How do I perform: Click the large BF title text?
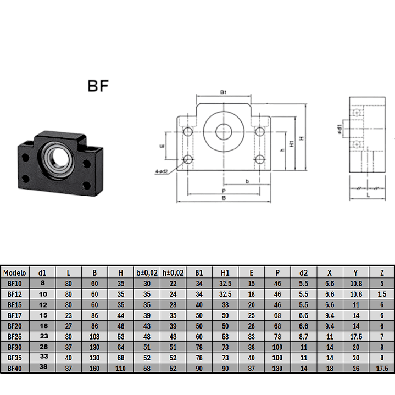pos(98,86)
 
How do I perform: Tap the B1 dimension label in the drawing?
pos(224,93)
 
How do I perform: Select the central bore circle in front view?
pos(224,132)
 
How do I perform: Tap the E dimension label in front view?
pos(162,147)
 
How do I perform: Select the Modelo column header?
pos(15,272)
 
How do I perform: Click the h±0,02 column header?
pos(173,272)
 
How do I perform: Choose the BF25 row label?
pos(15,336)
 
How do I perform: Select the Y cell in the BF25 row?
pos(356,336)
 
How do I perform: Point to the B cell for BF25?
pos(94,336)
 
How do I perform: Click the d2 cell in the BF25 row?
pos(304,336)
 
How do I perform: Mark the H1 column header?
pos(225,272)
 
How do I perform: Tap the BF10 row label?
pos(15,283)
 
